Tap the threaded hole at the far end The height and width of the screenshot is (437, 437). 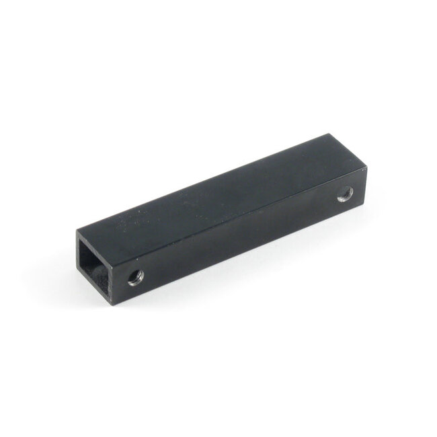click(346, 194)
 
